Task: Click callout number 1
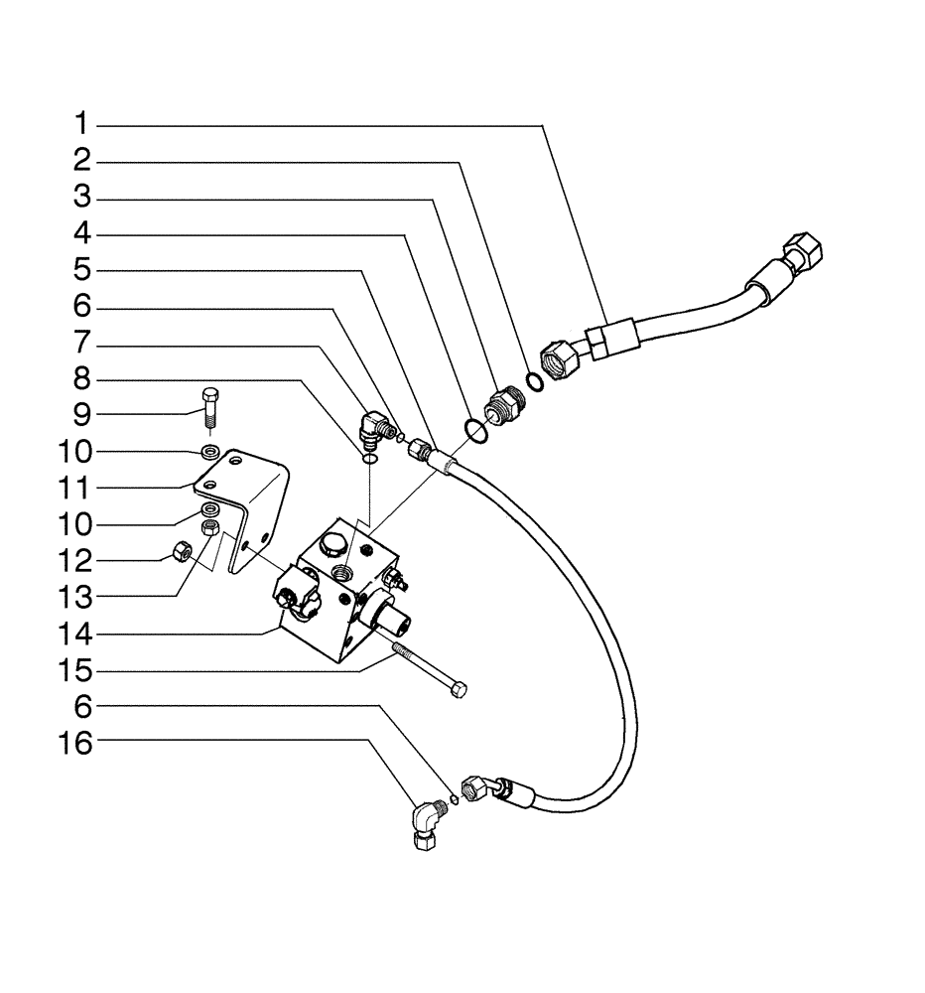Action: coord(83,124)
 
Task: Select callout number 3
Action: coord(83,198)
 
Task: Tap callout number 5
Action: coord(83,270)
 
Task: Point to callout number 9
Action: coord(83,414)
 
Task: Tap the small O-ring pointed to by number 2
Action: coord(533,382)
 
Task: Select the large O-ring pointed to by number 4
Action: coord(474,429)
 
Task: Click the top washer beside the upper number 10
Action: coord(210,453)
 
